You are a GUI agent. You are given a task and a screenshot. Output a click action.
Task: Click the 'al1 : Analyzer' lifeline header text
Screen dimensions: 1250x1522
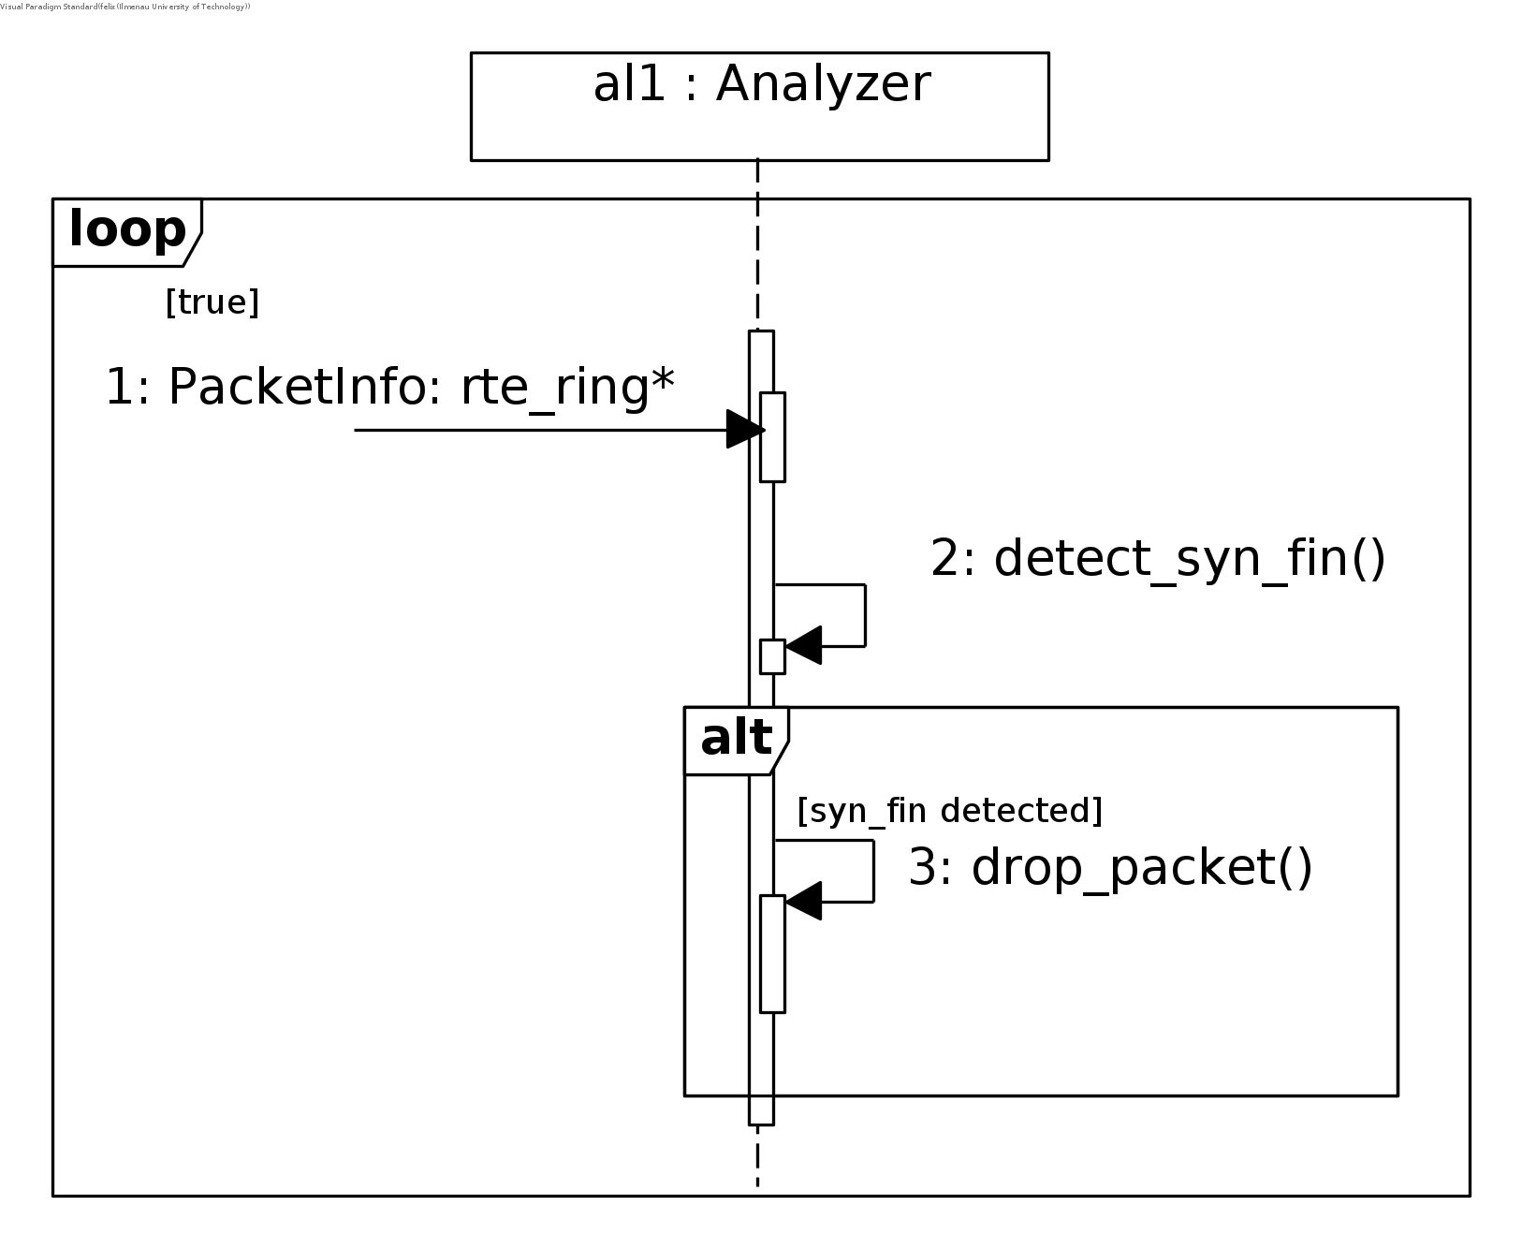[761, 84]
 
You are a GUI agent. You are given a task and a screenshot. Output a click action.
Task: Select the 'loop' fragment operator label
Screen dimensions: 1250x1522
[126, 229]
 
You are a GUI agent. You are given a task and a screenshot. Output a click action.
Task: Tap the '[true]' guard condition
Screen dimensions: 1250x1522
[212, 302]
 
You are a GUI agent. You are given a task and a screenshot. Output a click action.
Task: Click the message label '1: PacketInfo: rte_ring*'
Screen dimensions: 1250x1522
[388, 387]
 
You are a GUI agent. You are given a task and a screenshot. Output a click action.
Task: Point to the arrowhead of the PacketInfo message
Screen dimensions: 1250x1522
[745, 430]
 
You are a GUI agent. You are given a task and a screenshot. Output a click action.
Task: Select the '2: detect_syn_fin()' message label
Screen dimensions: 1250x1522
[1157, 558]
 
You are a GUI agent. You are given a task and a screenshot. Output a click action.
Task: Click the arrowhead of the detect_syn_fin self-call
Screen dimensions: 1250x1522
[803, 645]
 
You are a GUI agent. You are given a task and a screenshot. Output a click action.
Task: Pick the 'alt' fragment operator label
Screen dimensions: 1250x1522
[736, 738]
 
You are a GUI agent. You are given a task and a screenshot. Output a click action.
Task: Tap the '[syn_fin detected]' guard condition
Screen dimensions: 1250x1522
[949, 811]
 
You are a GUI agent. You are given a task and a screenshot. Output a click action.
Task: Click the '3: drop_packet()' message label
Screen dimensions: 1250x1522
[1110, 867]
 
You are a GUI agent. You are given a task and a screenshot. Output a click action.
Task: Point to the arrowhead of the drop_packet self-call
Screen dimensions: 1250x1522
[803, 901]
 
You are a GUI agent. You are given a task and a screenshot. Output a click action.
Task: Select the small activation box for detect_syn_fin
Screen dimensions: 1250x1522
[772, 656]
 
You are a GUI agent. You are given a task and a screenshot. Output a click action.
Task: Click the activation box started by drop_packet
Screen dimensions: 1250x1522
[772, 953]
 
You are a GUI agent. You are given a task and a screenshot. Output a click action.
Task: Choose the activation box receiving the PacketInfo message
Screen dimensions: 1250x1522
[772, 437]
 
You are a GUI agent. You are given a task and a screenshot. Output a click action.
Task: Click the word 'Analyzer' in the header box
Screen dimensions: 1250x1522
[823, 84]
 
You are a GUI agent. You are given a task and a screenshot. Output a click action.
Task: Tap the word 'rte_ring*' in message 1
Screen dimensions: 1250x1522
[567, 387]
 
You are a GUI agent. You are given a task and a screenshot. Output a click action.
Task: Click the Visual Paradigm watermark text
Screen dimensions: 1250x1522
[125, 7]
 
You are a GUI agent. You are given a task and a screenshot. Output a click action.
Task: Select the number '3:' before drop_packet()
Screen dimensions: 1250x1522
[930, 867]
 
